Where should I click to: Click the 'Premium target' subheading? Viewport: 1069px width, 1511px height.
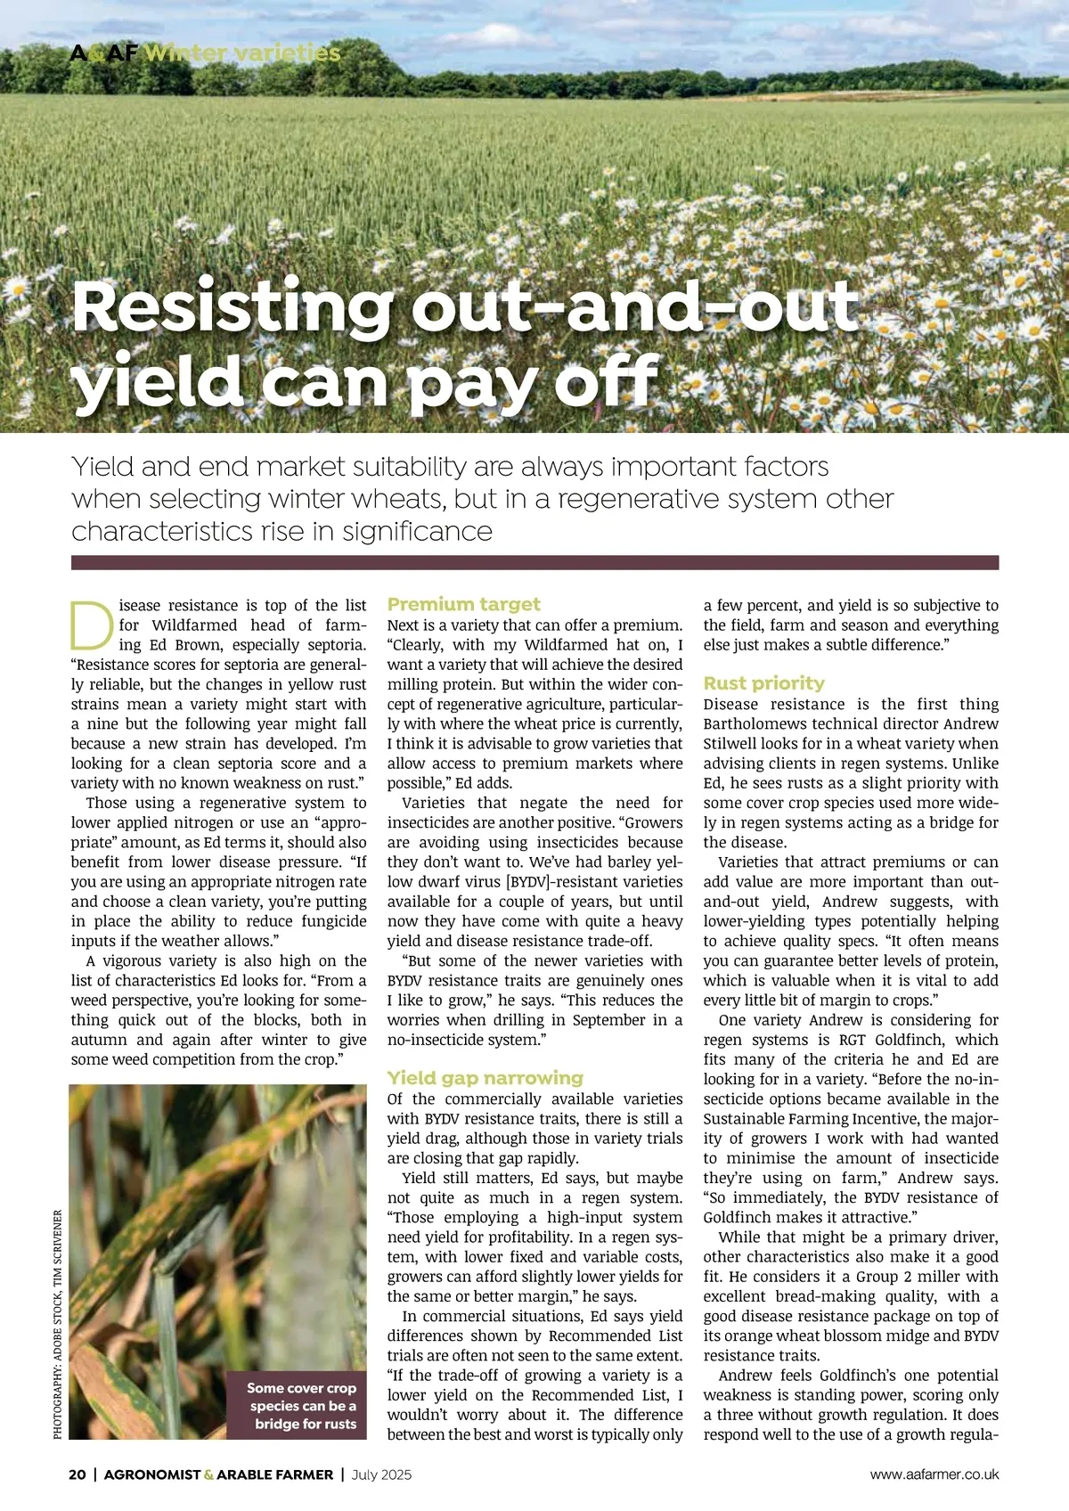(x=463, y=604)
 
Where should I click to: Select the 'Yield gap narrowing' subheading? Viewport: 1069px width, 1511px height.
(x=485, y=1077)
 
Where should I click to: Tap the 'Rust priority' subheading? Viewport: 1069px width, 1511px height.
(x=763, y=683)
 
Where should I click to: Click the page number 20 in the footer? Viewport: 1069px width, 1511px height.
(x=78, y=1474)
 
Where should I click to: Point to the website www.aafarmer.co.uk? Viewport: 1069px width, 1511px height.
(x=934, y=1474)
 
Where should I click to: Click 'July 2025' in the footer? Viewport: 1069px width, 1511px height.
(x=381, y=1474)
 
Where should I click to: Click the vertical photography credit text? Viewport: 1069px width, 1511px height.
(x=58, y=1323)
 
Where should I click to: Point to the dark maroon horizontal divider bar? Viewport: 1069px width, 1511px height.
(x=534, y=562)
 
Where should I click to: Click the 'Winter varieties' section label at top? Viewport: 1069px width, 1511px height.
(x=242, y=53)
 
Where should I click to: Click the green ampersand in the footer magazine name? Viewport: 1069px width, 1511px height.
(x=208, y=1474)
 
